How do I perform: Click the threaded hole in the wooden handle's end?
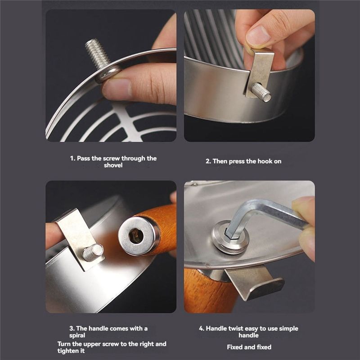[x=136, y=235]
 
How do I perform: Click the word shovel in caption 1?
[x=113, y=166]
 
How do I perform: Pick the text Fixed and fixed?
[x=248, y=347]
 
